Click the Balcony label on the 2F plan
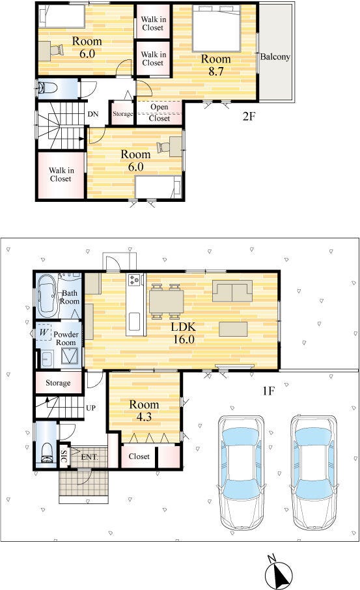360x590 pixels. (275, 57)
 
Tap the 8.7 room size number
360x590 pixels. (216, 71)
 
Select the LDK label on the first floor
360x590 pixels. (183, 327)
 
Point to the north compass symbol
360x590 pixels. (279, 572)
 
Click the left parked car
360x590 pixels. (241, 473)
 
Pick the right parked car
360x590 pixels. (313, 473)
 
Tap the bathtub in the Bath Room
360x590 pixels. (48, 294)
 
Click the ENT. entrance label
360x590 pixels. (90, 457)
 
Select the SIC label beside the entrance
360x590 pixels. (64, 457)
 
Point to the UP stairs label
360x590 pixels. (90, 408)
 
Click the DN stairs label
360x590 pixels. (93, 113)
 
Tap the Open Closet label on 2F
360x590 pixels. (159, 113)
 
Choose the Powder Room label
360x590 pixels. (66, 338)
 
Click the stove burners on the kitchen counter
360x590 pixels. (135, 279)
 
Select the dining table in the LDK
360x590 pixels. (166, 302)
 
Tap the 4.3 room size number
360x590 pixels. (144, 417)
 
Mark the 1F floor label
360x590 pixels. (268, 391)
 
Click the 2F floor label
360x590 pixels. (249, 117)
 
